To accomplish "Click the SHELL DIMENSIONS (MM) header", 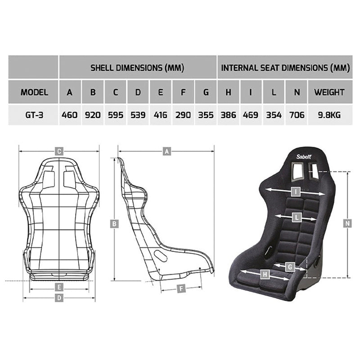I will pos(138,68).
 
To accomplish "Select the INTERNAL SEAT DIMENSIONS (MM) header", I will pos(285,68).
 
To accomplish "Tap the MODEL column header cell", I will pos(34,92).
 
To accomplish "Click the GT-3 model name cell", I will pos(34,115).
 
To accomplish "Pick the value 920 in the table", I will pos(93,115).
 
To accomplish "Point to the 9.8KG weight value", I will pos(330,115).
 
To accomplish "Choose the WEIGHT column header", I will pos(330,92).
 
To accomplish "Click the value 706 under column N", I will pos(297,115).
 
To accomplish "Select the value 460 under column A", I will pos(70,115).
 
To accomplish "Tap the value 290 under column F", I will pos(183,115).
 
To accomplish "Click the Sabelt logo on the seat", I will pos(306,157).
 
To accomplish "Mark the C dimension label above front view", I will pos(58,151).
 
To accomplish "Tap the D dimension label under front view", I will pos(58,298).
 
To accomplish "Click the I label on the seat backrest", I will pos(295,191).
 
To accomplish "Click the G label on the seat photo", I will pos(290,267).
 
